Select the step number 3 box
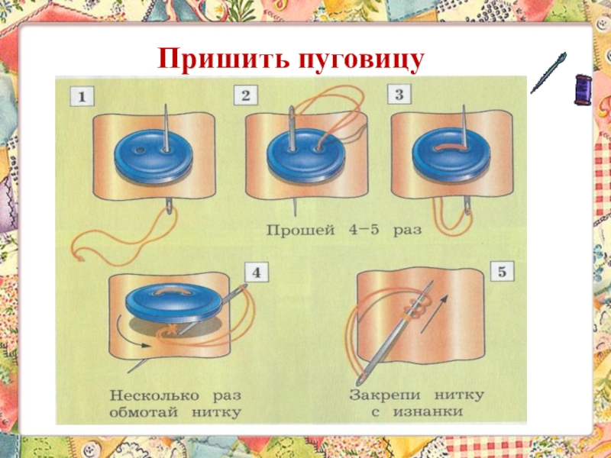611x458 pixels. tap(399, 95)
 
